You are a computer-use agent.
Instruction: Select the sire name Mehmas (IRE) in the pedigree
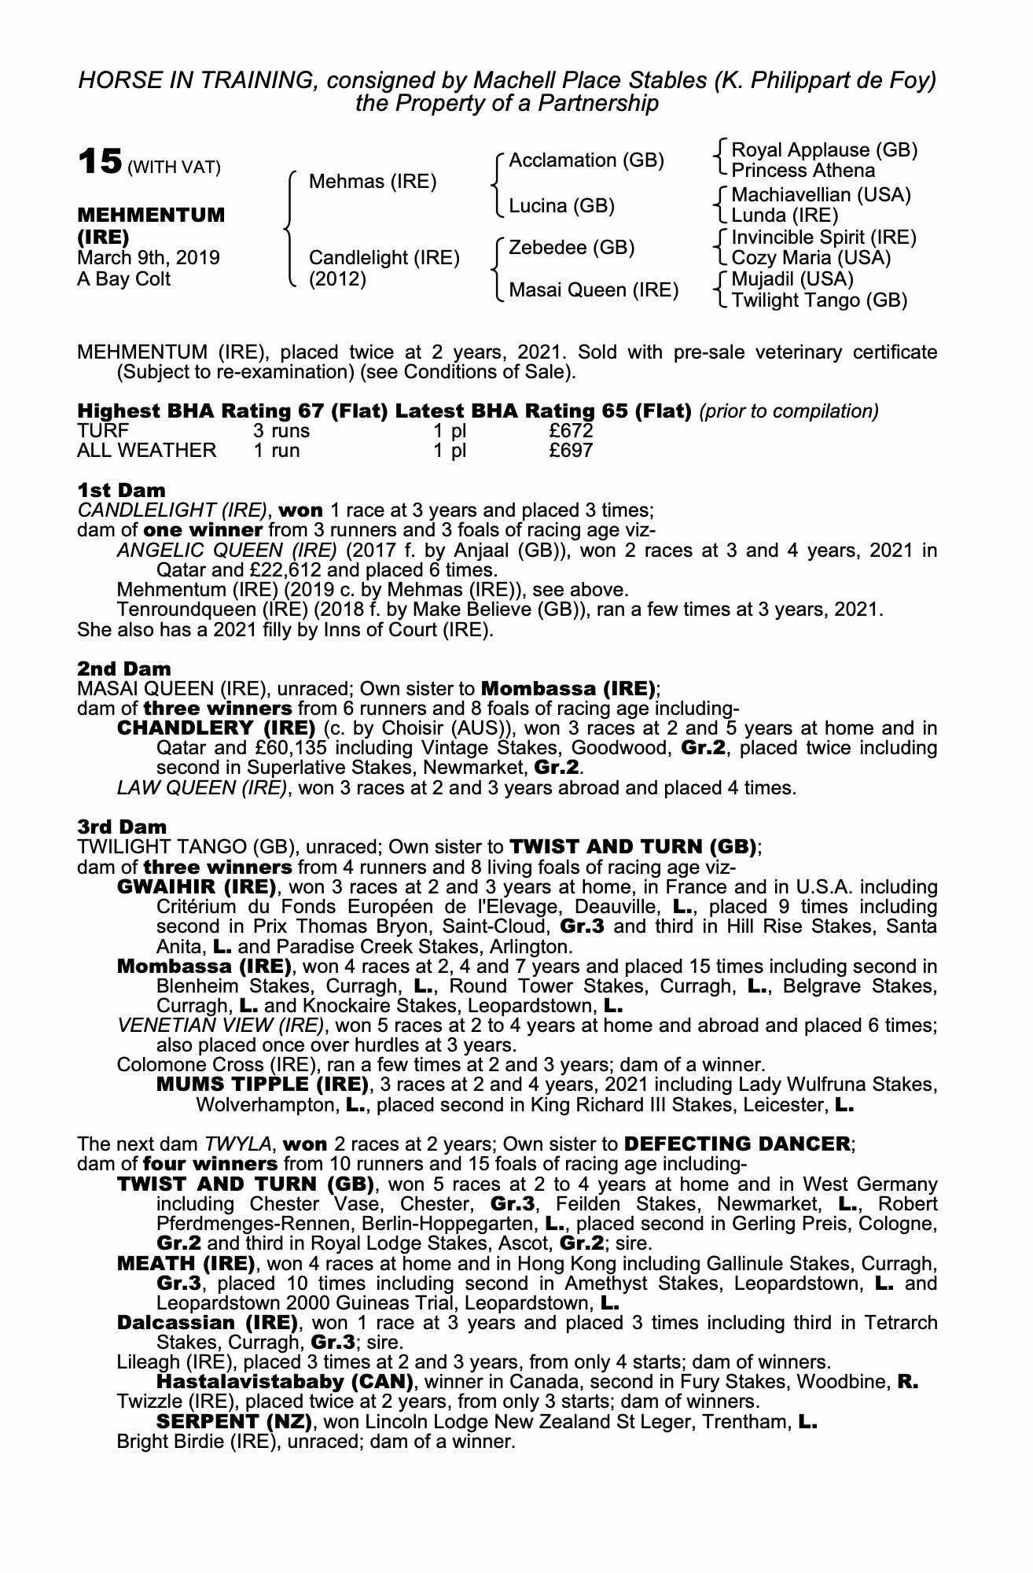pos(372,182)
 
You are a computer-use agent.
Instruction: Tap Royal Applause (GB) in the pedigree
pos(824,150)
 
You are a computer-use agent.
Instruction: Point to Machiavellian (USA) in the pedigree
pos(821,194)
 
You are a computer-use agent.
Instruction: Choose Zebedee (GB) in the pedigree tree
pos(572,248)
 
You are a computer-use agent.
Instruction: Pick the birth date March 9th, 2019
pos(148,258)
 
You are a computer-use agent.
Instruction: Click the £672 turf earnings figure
pos(571,430)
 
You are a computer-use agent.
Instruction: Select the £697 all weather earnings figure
pos(571,450)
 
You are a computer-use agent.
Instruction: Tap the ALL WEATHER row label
pos(146,450)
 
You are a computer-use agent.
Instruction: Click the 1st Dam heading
pos(121,490)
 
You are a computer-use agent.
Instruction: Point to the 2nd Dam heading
pos(123,669)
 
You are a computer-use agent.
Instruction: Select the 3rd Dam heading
pos(122,827)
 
